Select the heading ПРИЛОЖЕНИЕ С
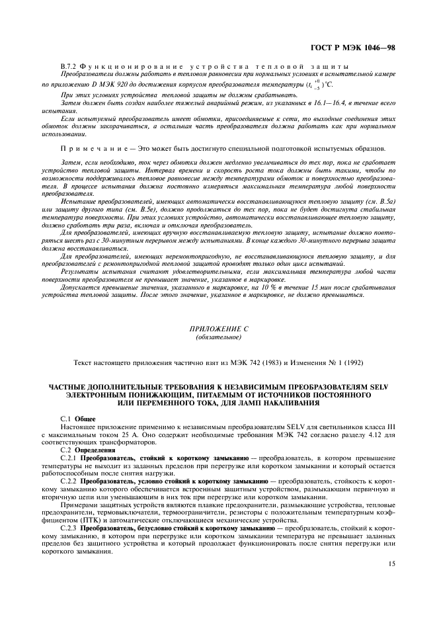218,328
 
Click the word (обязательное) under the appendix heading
218,337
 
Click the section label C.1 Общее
78,419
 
